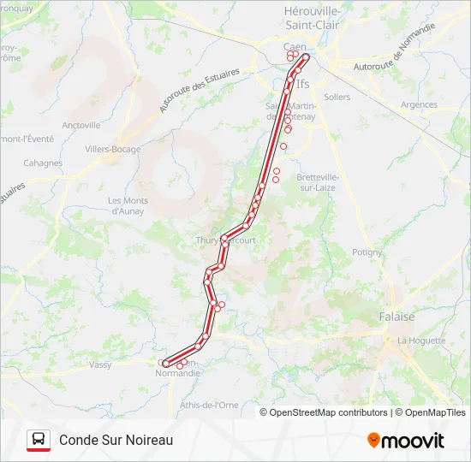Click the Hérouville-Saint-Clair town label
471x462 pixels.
312,17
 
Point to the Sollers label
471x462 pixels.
337,98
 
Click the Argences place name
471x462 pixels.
419,105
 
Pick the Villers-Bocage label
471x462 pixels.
112,149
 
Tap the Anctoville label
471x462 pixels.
81,125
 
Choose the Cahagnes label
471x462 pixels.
43,163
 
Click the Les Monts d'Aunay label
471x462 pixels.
128,205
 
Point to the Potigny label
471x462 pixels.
367,252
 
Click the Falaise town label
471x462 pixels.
396,317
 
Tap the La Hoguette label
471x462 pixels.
421,341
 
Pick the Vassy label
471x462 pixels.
100,364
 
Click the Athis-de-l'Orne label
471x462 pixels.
209,405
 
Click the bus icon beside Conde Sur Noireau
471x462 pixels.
39,440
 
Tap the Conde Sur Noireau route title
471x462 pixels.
116,440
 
